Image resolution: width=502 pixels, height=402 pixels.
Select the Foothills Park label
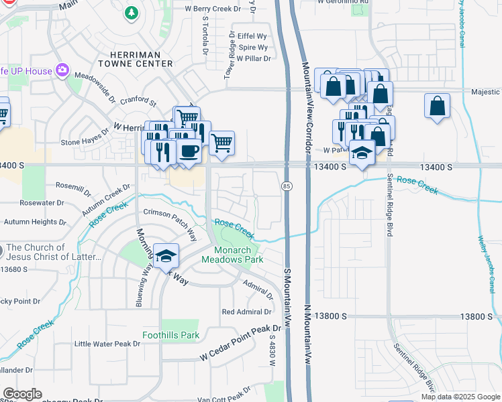tap(170, 336)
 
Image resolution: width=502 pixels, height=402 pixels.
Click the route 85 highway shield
tap(287, 186)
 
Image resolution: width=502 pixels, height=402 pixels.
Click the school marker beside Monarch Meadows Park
tap(166, 256)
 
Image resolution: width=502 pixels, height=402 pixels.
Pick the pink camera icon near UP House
tap(62, 70)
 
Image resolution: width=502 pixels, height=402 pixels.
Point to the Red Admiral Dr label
tap(246, 312)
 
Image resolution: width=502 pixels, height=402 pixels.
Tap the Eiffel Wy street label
tap(252, 36)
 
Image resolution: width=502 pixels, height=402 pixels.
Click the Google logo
tap(22, 394)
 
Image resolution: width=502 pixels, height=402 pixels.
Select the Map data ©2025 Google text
tap(460, 397)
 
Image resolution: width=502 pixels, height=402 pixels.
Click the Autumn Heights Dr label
tap(35, 221)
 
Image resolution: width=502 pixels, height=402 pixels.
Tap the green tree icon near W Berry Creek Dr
tap(133, 12)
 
